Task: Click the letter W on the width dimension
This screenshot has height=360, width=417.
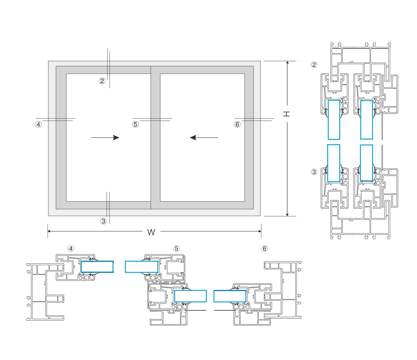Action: (151, 232)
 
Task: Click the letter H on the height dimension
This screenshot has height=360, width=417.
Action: (286, 114)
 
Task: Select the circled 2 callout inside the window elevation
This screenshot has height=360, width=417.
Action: (102, 81)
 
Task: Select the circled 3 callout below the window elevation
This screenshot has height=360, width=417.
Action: (103, 221)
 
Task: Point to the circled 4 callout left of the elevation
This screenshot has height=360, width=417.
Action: (38, 124)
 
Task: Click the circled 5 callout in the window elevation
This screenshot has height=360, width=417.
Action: (135, 124)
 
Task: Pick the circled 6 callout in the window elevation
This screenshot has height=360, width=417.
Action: (237, 124)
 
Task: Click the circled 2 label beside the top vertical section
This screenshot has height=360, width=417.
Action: (314, 64)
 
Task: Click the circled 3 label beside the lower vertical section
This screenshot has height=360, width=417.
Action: (314, 172)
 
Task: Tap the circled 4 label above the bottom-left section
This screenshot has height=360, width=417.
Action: (71, 249)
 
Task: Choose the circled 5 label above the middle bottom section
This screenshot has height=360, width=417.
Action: (176, 249)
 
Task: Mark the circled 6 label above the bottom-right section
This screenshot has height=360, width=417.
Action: (264, 249)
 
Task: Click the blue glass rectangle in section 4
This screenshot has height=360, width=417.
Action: (97, 267)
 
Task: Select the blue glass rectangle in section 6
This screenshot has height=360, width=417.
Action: (230, 296)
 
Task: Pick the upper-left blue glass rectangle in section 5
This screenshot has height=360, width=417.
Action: (141, 267)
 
